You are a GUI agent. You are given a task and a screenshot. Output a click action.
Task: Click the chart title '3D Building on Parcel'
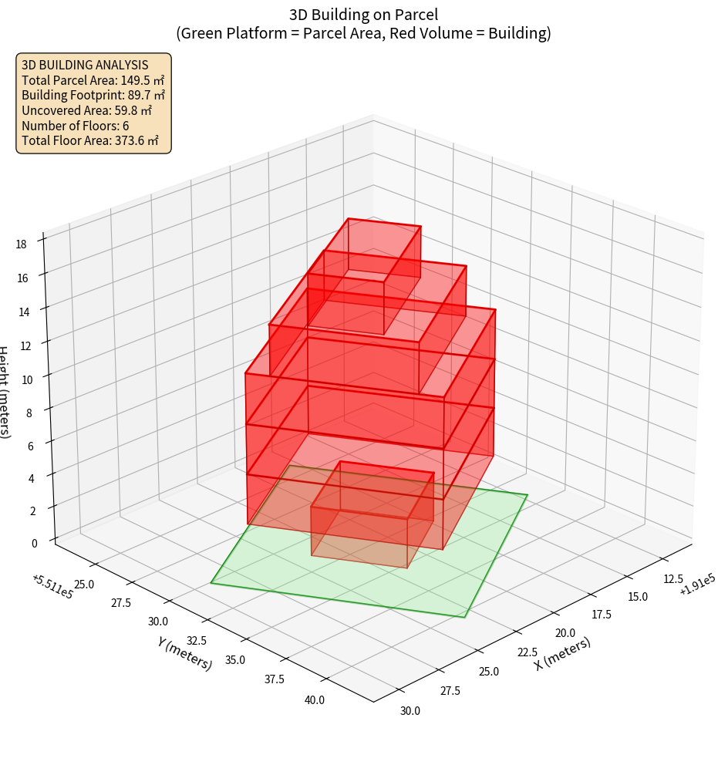[x=363, y=14]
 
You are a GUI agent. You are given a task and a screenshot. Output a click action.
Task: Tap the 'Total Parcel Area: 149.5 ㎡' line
[x=93, y=80]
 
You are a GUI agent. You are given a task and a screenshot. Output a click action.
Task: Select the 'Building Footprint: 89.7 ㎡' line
[x=93, y=96]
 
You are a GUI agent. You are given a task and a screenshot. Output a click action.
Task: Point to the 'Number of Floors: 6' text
[x=75, y=126]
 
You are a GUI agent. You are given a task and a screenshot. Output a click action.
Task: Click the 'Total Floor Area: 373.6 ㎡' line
[x=90, y=141]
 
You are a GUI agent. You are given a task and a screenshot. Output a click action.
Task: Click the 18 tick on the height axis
[x=21, y=244]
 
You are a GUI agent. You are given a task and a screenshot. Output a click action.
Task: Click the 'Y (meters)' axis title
[x=185, y=652]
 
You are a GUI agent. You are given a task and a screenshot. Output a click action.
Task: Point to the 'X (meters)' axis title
[x=562, y=654]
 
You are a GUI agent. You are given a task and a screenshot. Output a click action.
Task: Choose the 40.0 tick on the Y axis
[x=314, y=700]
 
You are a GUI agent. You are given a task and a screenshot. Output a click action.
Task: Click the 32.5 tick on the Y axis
[x=197, y=641]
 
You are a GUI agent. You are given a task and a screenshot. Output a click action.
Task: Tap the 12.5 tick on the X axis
[x=673, y=578]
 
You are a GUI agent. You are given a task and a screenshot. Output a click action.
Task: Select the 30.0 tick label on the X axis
[x=410, y=710]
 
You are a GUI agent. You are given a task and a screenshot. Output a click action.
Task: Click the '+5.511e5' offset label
[x=52, y=587]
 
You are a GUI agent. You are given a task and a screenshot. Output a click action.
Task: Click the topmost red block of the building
[x=384, y=248]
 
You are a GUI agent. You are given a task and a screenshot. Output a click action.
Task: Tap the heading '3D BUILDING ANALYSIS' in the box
[x=85, y=66]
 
